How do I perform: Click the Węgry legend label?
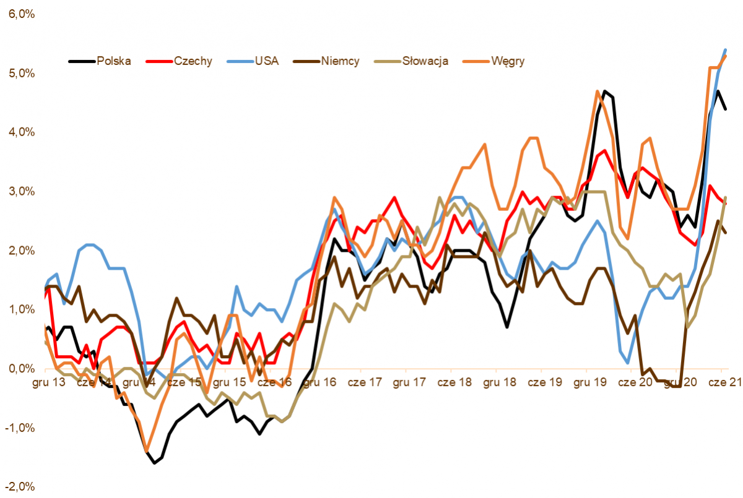[x=507, y=61]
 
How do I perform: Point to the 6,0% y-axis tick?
[x=20, y=14]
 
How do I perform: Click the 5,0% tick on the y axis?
[x=20, y=74]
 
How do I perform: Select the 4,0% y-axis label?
[x=20, y=132]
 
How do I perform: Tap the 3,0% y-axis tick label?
[x=20, y=192]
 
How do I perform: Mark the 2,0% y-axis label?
[x=20, y=251]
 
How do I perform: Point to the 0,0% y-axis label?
[x=20, y=369]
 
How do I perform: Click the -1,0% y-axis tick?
[x=19, y=428]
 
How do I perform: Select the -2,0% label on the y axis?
[x=19, y=487]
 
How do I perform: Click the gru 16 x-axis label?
[x=321, y=382]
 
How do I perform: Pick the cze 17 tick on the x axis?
[x=365, y=382]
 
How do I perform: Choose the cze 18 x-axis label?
[x=454, y=382]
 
